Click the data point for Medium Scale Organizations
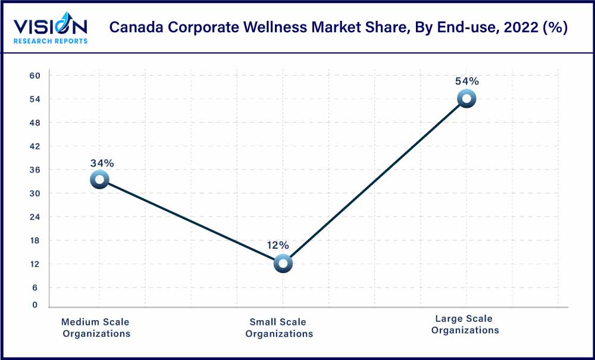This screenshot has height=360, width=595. pyautogui.click(x=99, y=179)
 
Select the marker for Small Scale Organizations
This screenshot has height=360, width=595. pyautogui.click(x=283, y=263)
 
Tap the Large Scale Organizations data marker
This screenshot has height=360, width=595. pyautogui.click(x=466, y=98)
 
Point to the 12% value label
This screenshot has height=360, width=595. pyautogui.click(x=277, y=245)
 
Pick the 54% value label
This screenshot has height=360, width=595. pyautogui.click(x=466, y=82)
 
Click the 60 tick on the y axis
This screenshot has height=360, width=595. pyautogui.click(x=35, y=76)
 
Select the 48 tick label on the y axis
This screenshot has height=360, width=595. pyautogui.click(x=35, y=123)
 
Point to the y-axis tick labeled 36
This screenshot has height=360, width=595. pyautogui.click(x=35, y=170)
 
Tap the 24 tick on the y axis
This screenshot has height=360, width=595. pyautogui.click(x=35, y=217)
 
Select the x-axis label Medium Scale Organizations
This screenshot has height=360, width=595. pyautogui.click(x=96, y=328)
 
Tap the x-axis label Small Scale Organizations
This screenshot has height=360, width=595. pyautogui.click(x=278, y=328)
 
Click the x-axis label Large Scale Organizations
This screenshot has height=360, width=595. pyautogui.click(x=465, y=324)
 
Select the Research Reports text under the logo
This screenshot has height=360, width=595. pyautogui.click(x=51, y=41)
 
